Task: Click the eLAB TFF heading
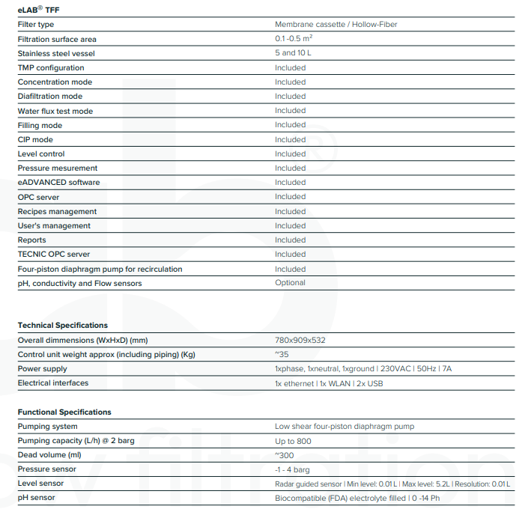point(38,10)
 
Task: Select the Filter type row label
point(36,25)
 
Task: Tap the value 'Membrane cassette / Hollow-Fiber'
point(336,25)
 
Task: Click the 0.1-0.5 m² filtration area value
point(294,39)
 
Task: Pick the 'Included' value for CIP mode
point(290,139)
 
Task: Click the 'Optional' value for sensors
point(290,283)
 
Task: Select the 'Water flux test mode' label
point(55,111)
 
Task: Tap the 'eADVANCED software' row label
point(58,183)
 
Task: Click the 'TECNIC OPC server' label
point(54,255)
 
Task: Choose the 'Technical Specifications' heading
point(63,326)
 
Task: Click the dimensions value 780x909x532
point(300,340)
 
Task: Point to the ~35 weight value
point(282,354)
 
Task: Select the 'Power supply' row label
point(42,369)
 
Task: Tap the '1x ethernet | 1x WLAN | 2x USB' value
point(329,383)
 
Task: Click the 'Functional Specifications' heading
point(64,412)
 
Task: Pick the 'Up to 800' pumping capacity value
point(293,441)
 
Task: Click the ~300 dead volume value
point(285,455)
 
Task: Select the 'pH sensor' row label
point(36,498)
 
